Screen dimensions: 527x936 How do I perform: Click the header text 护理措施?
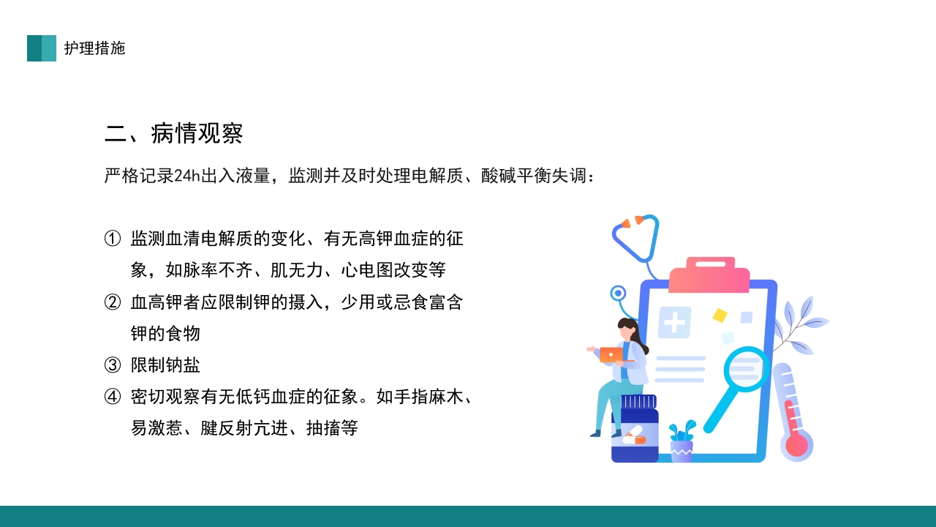click(94, 48)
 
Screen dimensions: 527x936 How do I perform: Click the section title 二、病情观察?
click(174, 133)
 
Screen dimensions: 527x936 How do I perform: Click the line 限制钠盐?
click(165, 365)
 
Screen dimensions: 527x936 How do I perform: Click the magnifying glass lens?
click(745, 370)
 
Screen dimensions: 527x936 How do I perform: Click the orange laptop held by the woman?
click(611, 355)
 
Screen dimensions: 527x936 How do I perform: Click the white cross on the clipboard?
click(673, 322)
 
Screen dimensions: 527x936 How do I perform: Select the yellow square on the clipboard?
click(720, 315)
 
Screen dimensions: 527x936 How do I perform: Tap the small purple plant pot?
click(682, 450)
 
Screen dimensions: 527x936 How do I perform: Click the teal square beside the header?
click(42, 48)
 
